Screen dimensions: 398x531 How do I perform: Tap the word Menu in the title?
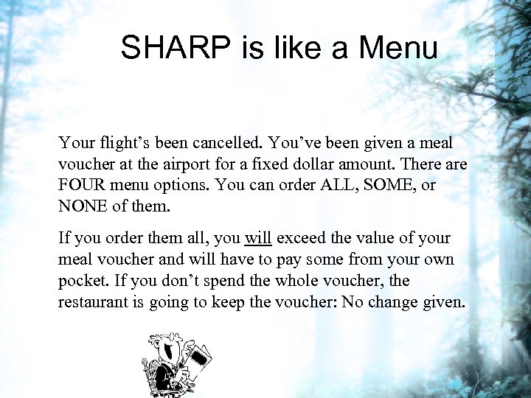pyautogui.click(x=398, y=49)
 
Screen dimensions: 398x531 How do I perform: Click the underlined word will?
pyautogui.click(x=257, y=239)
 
